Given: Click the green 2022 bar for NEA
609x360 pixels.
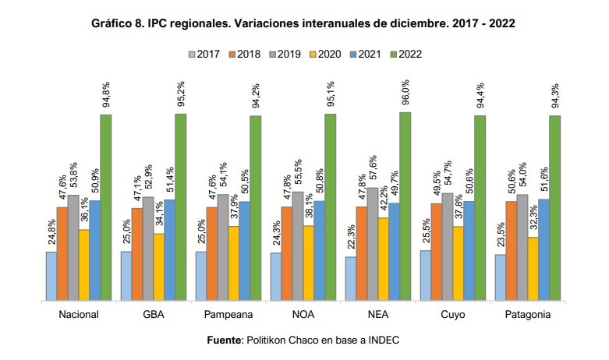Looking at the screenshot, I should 405,206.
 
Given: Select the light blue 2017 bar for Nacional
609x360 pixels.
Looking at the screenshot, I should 51,275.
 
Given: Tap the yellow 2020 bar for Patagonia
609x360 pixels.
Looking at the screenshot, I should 533,268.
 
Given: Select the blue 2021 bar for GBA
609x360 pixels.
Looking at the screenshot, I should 169,249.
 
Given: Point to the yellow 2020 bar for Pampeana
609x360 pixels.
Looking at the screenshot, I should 233,263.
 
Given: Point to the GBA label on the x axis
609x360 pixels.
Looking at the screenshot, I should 153,315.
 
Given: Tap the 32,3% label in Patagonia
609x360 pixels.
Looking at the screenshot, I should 533,219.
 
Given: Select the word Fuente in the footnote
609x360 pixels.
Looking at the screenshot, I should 225,341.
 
